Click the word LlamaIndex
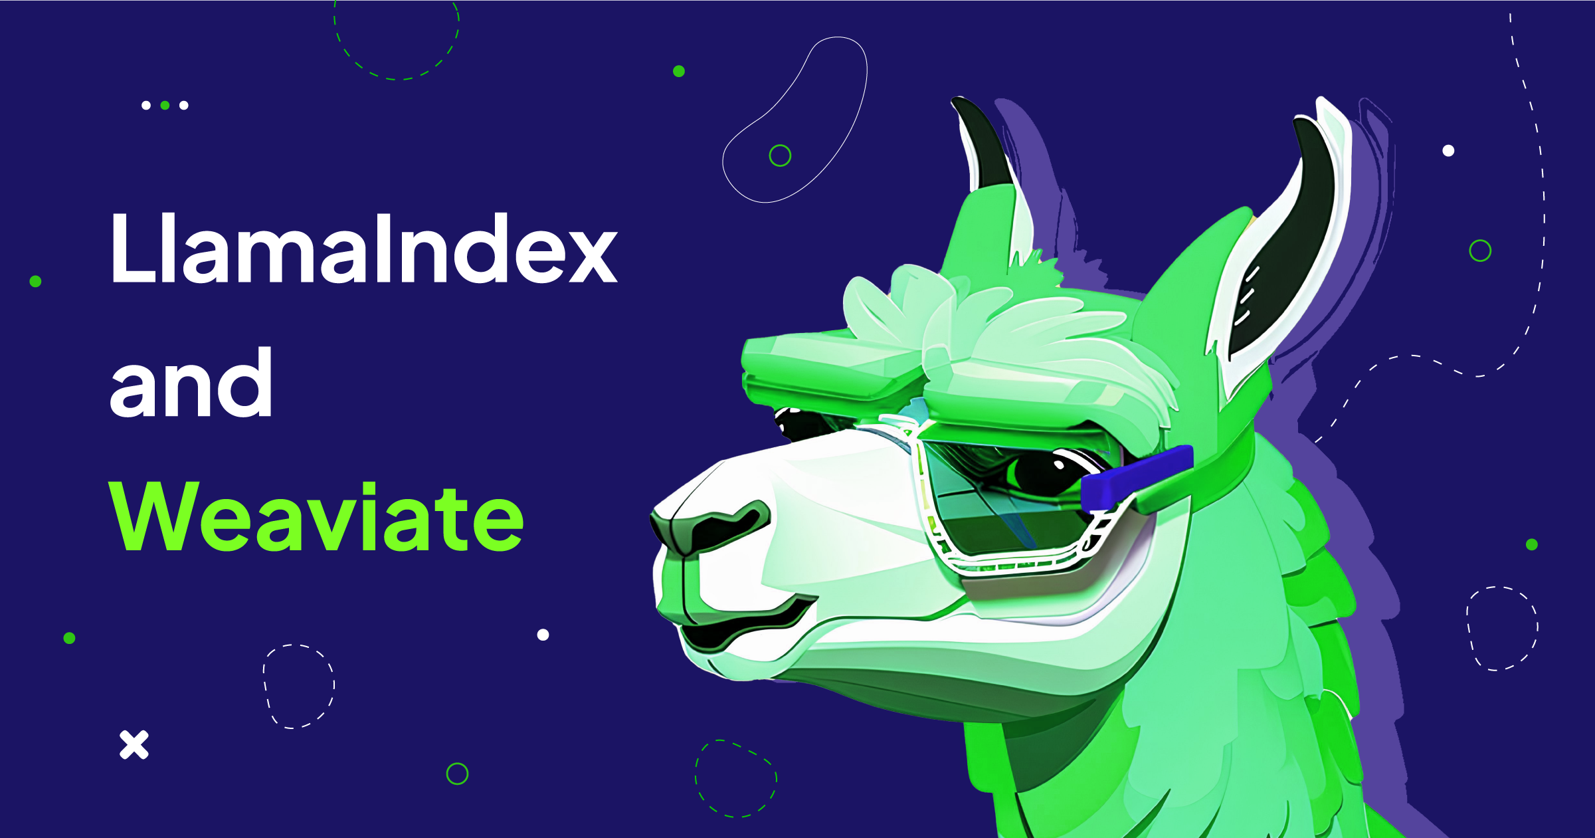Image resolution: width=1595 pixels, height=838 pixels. [x=363, y=249]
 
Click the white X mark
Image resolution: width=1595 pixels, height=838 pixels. [x=134, y=744]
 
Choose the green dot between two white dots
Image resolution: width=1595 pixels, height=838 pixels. [x=165, y=105]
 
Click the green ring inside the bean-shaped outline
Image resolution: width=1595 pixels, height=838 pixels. [x=780, y=156]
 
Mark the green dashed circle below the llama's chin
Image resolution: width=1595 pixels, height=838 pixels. [x=735, y=778]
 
